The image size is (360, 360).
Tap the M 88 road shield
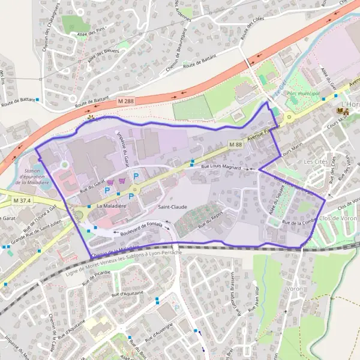235,144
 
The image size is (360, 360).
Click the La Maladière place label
112,206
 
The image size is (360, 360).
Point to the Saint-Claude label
172,206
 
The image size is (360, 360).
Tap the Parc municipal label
304,94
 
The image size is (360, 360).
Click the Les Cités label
316,162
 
